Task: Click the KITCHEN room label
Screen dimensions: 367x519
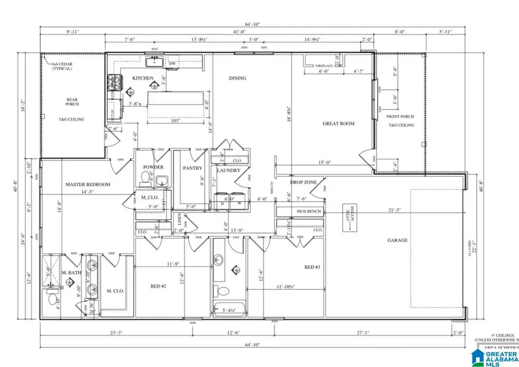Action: (142, 78)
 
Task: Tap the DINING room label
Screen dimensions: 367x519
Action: (237, 78)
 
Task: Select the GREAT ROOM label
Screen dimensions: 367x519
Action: (339, 123)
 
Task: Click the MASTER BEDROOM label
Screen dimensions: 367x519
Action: (87, 185)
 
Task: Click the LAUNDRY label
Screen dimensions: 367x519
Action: (228, 171)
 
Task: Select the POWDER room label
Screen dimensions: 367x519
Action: (153, 167)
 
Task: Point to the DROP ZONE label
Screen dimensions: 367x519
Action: (303, 182)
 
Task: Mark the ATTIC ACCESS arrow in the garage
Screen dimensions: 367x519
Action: (348, 218)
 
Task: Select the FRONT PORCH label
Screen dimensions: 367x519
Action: (401, 118)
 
